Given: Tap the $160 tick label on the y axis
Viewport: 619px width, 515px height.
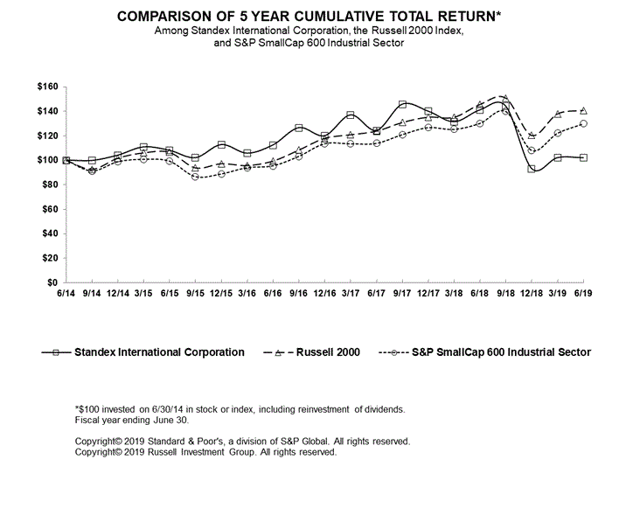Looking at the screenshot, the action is [x=48, y=87].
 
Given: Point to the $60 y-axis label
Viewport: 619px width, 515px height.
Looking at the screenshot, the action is [x=50, y=209].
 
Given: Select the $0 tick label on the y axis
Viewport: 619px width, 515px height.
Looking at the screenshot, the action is [x=52, y=282].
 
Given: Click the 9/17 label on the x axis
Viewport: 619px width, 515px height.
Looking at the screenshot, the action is [x=402, y=293].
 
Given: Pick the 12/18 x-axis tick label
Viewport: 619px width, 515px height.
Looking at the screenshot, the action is [x=532, y=293].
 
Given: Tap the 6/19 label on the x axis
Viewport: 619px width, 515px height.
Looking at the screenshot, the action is [x=583, y=293].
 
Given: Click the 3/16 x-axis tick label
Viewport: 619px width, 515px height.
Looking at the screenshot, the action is [x=247, y=293].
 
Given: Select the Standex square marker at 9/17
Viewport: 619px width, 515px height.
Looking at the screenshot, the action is [x=403, y=104].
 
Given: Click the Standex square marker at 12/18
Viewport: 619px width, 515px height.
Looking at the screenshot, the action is [x=532, y=169].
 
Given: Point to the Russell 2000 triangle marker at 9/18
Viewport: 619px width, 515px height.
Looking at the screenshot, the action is [x=505, y=98].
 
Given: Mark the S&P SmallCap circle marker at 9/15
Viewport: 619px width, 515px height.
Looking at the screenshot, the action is [x=196, y=177].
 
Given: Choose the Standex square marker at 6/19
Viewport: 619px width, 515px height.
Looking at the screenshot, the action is [x=583, y=157].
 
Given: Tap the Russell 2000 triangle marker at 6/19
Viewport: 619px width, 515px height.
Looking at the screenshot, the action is [x=583, y=110].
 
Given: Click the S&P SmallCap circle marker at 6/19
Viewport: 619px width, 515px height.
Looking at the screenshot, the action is [x=583, y=123].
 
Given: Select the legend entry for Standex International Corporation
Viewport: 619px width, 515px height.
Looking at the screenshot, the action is [x=143, y=352].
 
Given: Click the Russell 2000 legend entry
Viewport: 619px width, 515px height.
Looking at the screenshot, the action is [x=311, y=352].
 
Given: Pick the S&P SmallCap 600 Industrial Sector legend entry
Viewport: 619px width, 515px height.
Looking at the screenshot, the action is [x=484, y=352].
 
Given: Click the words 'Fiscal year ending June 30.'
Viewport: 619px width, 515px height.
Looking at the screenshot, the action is [x=132, y=421].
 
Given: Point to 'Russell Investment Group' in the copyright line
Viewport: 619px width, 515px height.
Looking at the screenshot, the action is [x=201, y=452].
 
